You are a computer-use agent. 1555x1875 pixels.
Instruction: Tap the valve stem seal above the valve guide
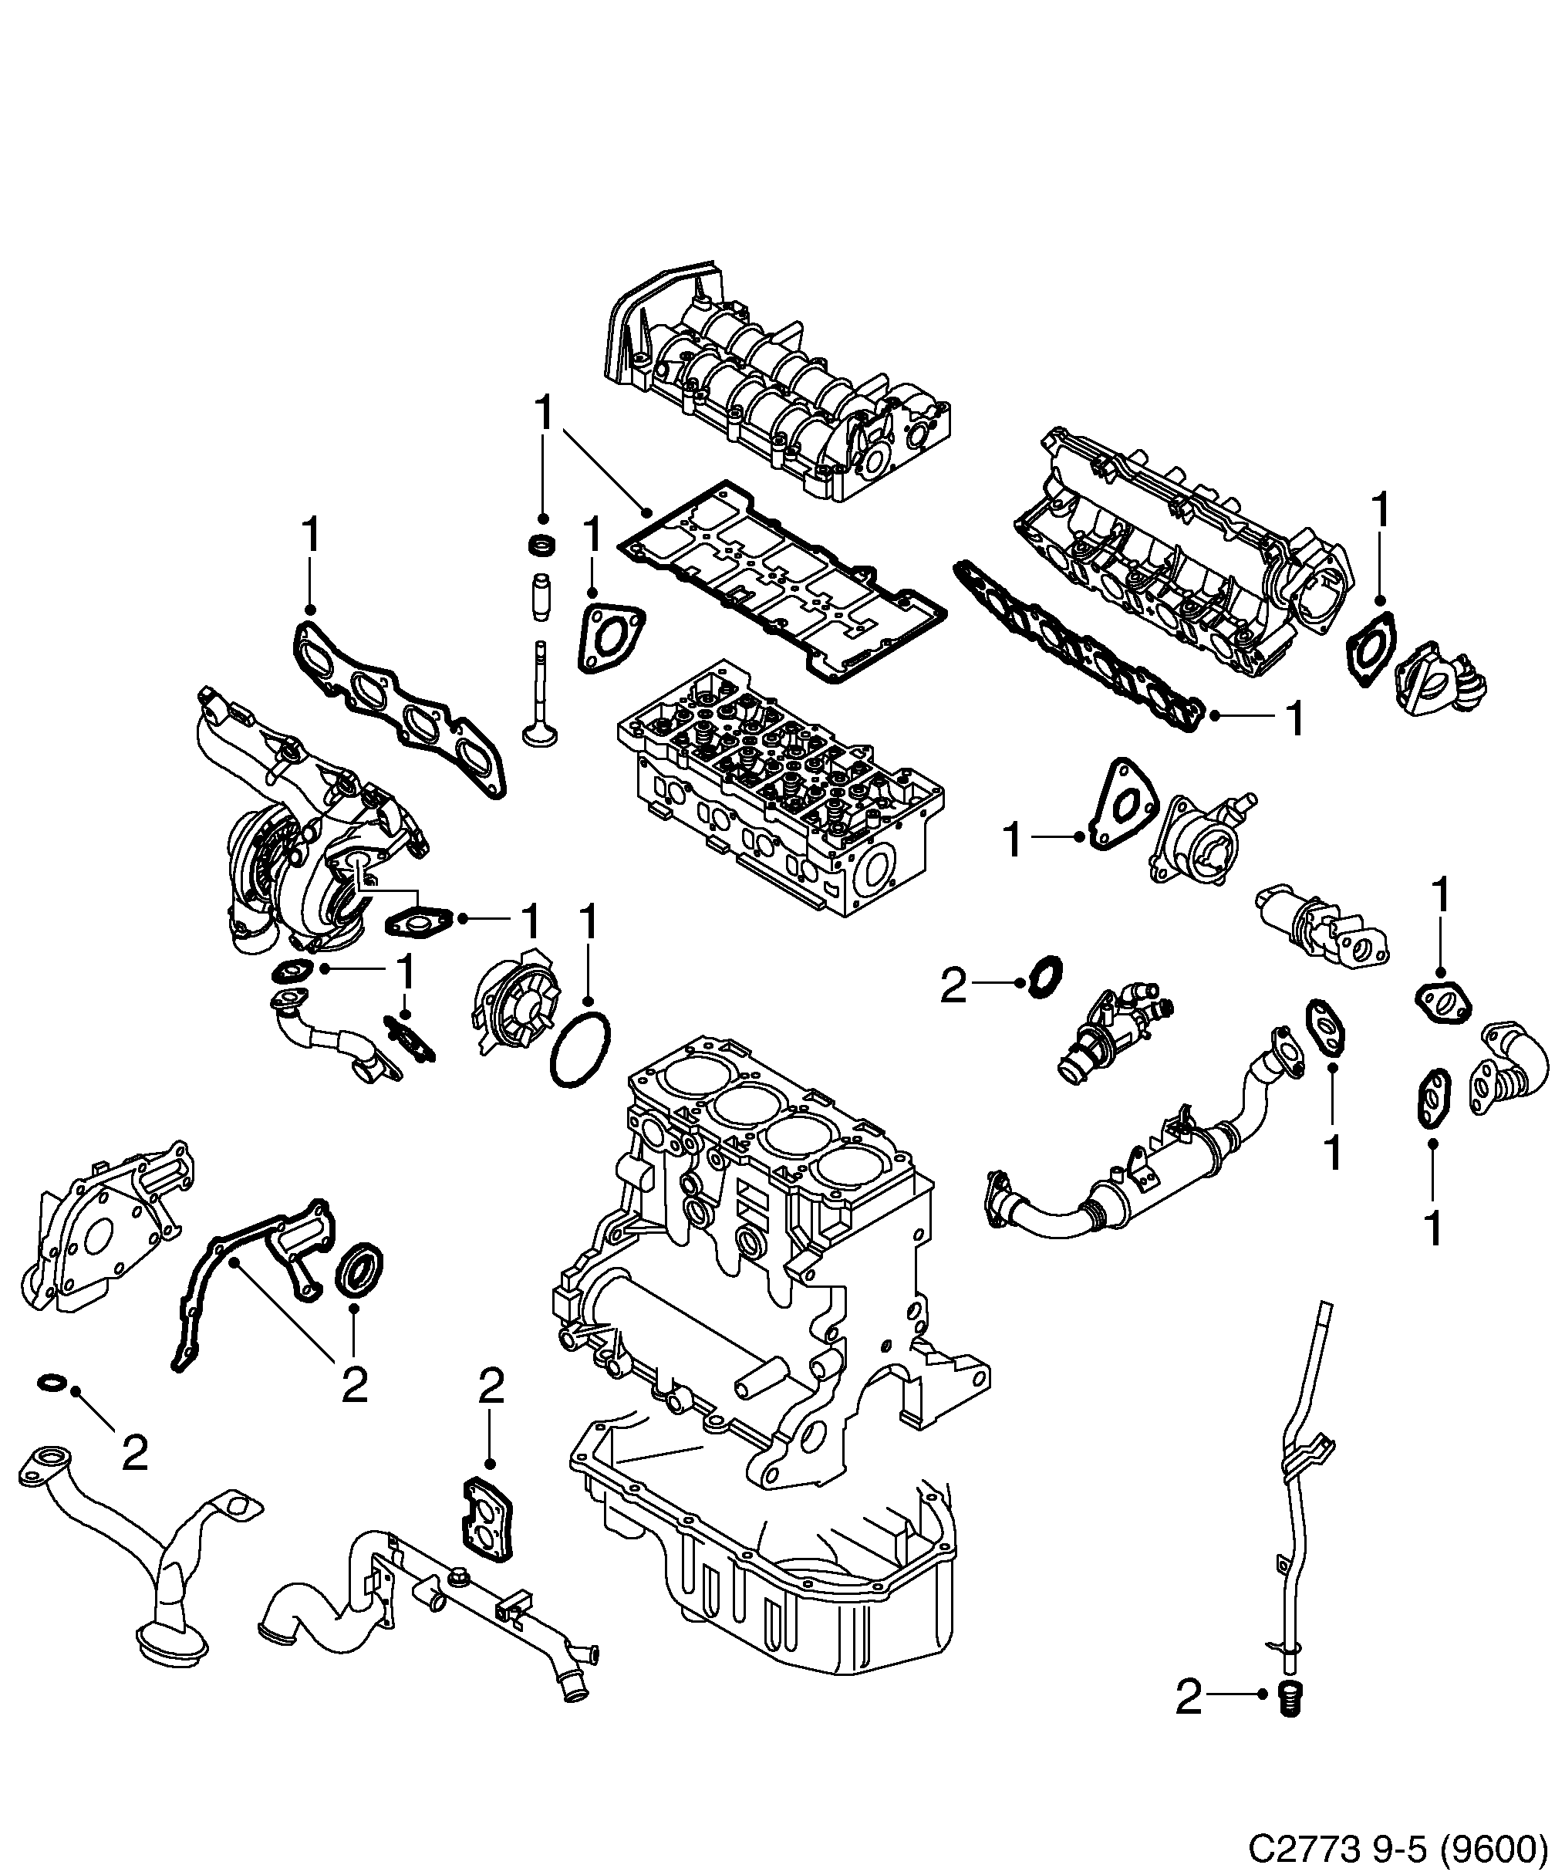click(x=541, y=545)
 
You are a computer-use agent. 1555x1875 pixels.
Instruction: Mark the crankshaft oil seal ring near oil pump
click(x=361, y=1265)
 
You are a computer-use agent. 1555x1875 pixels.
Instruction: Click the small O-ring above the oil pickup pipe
click(x=52, y=1409)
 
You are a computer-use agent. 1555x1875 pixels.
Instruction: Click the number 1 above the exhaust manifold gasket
click(x=310, y=535)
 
